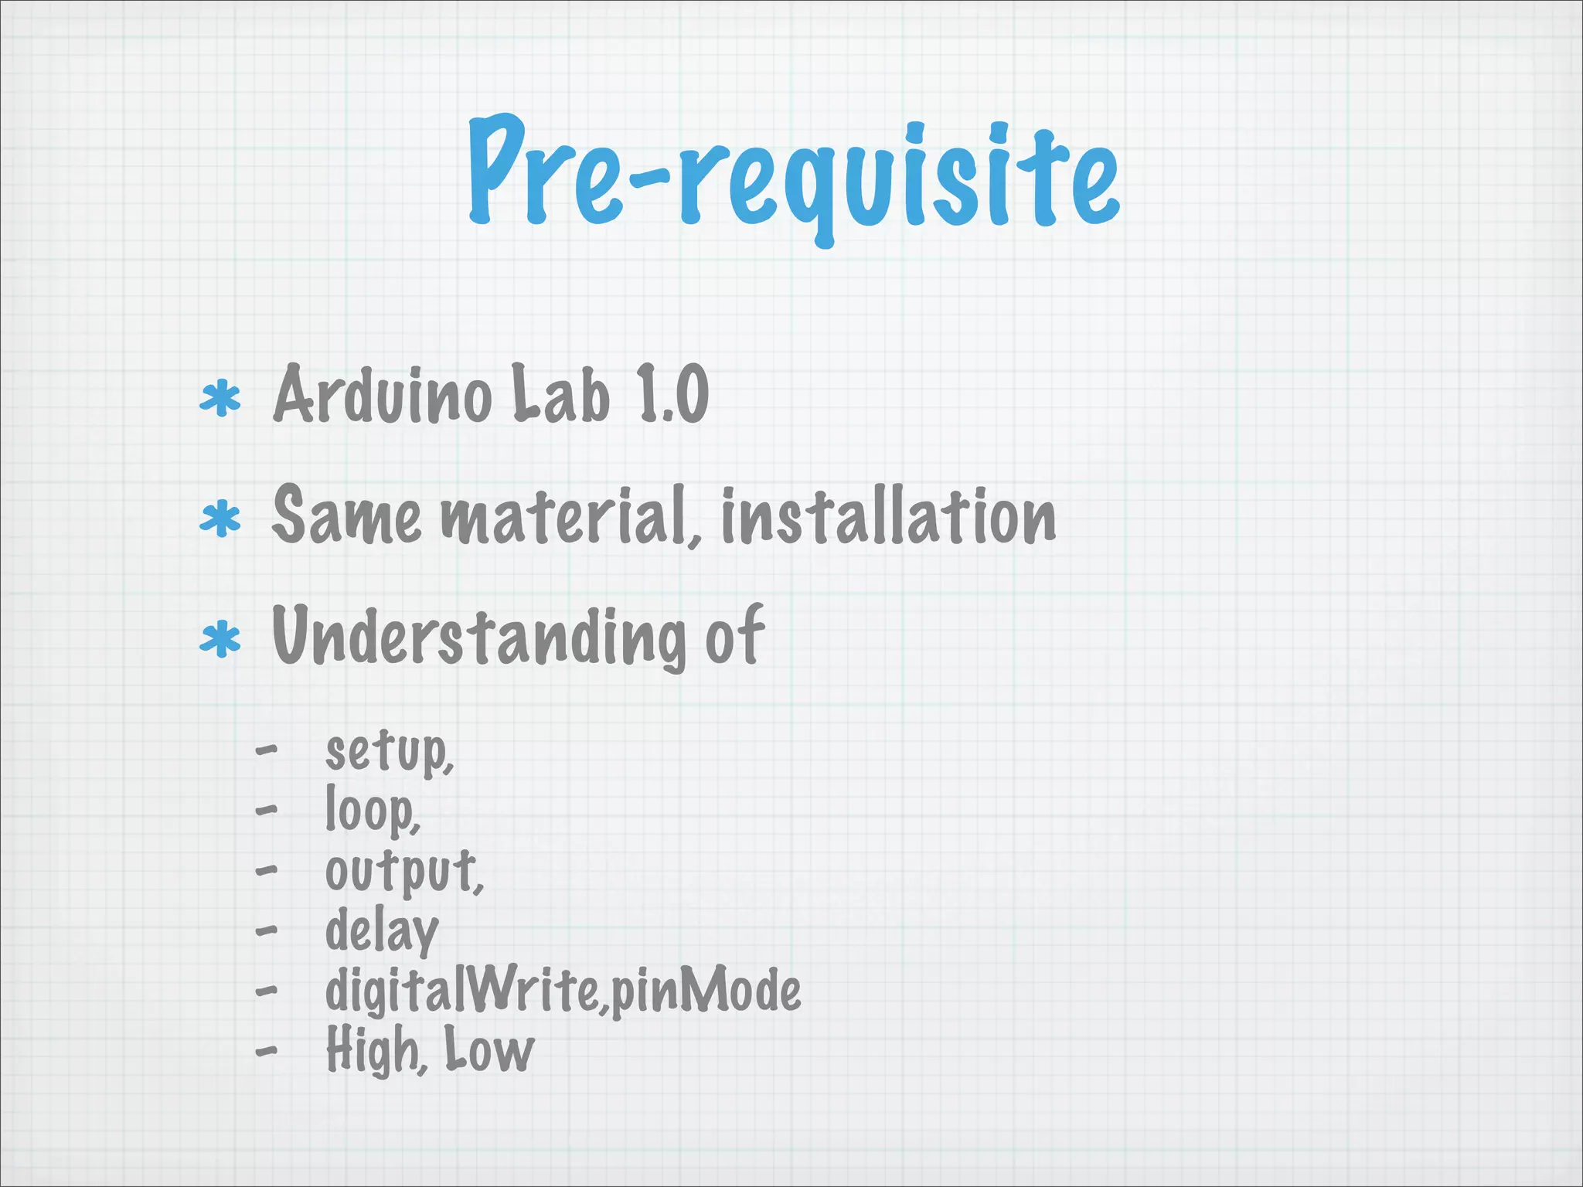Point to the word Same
pyautogui.click(x=347, y=515)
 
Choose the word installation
pyautogui.click(x=888, y=515)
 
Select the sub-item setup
pyautogui.click(x=389, y=751)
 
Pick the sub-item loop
pyautogui.click(x=372, y=811)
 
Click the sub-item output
pyautogui.click(x=403, y=872)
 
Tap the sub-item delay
pyautogui.click(x=382, y=932)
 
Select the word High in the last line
pyautogui.click(x=374, y=1050)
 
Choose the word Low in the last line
pyautogui.click(x=489, y=1050)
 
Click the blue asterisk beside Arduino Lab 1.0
pyautogui.click(x=220, y=398)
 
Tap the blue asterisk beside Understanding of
pyautogui.click(x=220, y=639)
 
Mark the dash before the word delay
pyautogui.click(x=266, y=930)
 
